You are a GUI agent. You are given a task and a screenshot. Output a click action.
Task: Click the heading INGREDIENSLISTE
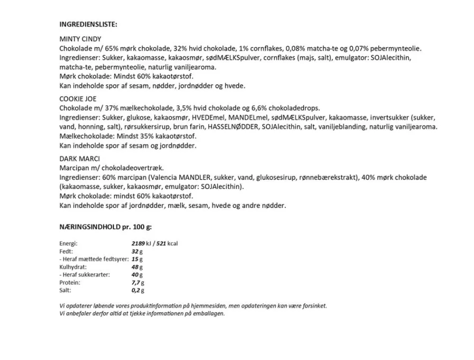[88, 24]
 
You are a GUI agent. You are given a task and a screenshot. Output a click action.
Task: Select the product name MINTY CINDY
[80, 39]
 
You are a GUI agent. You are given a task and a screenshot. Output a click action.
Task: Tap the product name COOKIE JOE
[78, 99]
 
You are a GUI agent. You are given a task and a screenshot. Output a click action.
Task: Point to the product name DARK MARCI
[79, 159]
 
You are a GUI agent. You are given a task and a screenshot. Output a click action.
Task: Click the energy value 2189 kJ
[141, 243]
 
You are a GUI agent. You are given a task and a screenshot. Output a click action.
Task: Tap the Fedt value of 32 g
[137, 252]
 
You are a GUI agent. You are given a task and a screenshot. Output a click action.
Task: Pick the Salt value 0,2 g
[138, 290]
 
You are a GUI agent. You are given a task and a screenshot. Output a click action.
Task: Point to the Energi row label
[68, 243]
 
